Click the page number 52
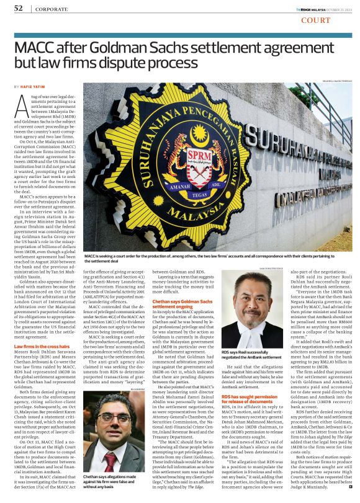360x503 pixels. (19, 8)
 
